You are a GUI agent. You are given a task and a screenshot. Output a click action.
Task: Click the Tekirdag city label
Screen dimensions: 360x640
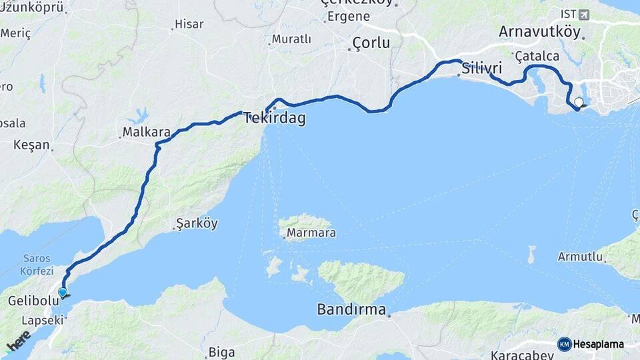pos(275,119)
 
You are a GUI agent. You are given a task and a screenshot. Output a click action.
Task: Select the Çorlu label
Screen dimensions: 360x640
pos(371,43)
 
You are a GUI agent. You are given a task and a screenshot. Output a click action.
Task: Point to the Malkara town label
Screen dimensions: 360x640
pos(147,132)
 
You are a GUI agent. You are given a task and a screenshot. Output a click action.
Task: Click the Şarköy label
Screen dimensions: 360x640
pos(196,224)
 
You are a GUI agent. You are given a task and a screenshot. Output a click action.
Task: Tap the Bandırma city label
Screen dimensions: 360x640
pos(351,309)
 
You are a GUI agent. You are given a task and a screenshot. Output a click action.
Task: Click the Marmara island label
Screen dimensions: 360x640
pos(311,233)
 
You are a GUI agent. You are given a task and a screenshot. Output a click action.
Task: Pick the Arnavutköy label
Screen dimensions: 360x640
pos(539,32)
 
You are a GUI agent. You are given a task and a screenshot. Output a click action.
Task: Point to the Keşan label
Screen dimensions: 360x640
pos(32,145)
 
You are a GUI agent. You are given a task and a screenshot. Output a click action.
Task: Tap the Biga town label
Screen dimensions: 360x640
pos(222,352)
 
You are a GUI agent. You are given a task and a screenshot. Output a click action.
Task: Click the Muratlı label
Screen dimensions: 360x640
pos(291,39)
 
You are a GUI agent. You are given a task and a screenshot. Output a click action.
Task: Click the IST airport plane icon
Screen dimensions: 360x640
pos(585,14)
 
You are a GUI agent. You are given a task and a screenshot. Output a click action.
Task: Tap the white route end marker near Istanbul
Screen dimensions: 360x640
pos(579,103)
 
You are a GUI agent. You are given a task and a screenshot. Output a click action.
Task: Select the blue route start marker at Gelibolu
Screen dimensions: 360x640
pos(63,292)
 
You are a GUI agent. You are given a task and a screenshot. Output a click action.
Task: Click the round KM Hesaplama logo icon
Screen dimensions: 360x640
pos(565,344)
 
